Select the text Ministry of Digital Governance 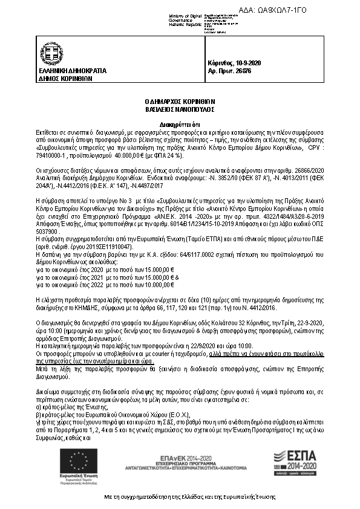[187, 17]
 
